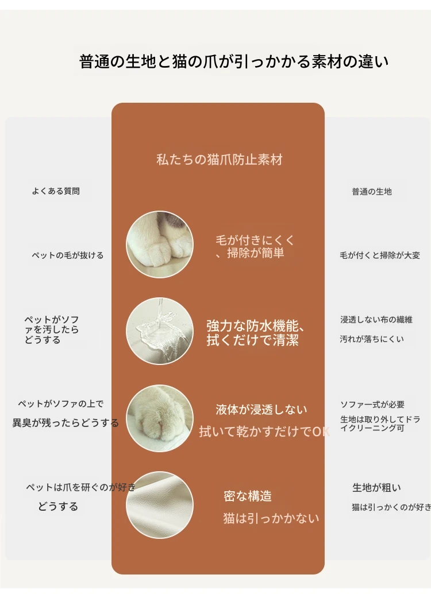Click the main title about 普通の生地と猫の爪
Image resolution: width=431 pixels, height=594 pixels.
(x=234, y=62)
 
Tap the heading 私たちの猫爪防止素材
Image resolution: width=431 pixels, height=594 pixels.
(x=220, y=160)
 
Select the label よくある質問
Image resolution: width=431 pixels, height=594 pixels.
(x=56, y=191)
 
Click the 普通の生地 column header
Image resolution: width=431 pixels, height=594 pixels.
(x=372, y=192)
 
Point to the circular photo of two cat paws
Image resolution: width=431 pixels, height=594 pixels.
(x=160, y=244)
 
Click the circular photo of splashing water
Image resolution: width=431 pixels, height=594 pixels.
(x=160, y=331)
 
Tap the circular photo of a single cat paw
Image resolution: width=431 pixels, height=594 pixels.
(x=160, y=418)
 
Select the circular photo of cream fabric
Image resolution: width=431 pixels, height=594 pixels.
(x=160, y=505)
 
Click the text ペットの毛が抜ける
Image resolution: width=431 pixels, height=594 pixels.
(x=68, y=255)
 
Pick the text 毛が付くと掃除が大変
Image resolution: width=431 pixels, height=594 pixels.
(x=380, y=255)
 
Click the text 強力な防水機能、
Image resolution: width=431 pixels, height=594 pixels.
(x=255, y=326)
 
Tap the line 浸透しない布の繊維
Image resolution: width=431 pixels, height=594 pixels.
(x=376, y=320)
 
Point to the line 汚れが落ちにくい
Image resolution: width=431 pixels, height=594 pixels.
(x=372, y=339)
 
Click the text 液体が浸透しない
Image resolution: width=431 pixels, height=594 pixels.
(x=261, y=410)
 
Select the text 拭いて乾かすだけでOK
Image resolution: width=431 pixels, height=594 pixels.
(x=264, y=432)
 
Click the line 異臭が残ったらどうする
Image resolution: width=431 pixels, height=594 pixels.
(x=66, y=423)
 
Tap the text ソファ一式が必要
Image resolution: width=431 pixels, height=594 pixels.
(x=372, y=405)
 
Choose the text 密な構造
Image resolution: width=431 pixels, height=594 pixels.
(x=248, y=496)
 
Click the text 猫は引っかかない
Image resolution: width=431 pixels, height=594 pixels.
(x=271, y=518)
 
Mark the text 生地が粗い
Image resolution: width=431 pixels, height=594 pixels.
(x=377, y=488)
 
